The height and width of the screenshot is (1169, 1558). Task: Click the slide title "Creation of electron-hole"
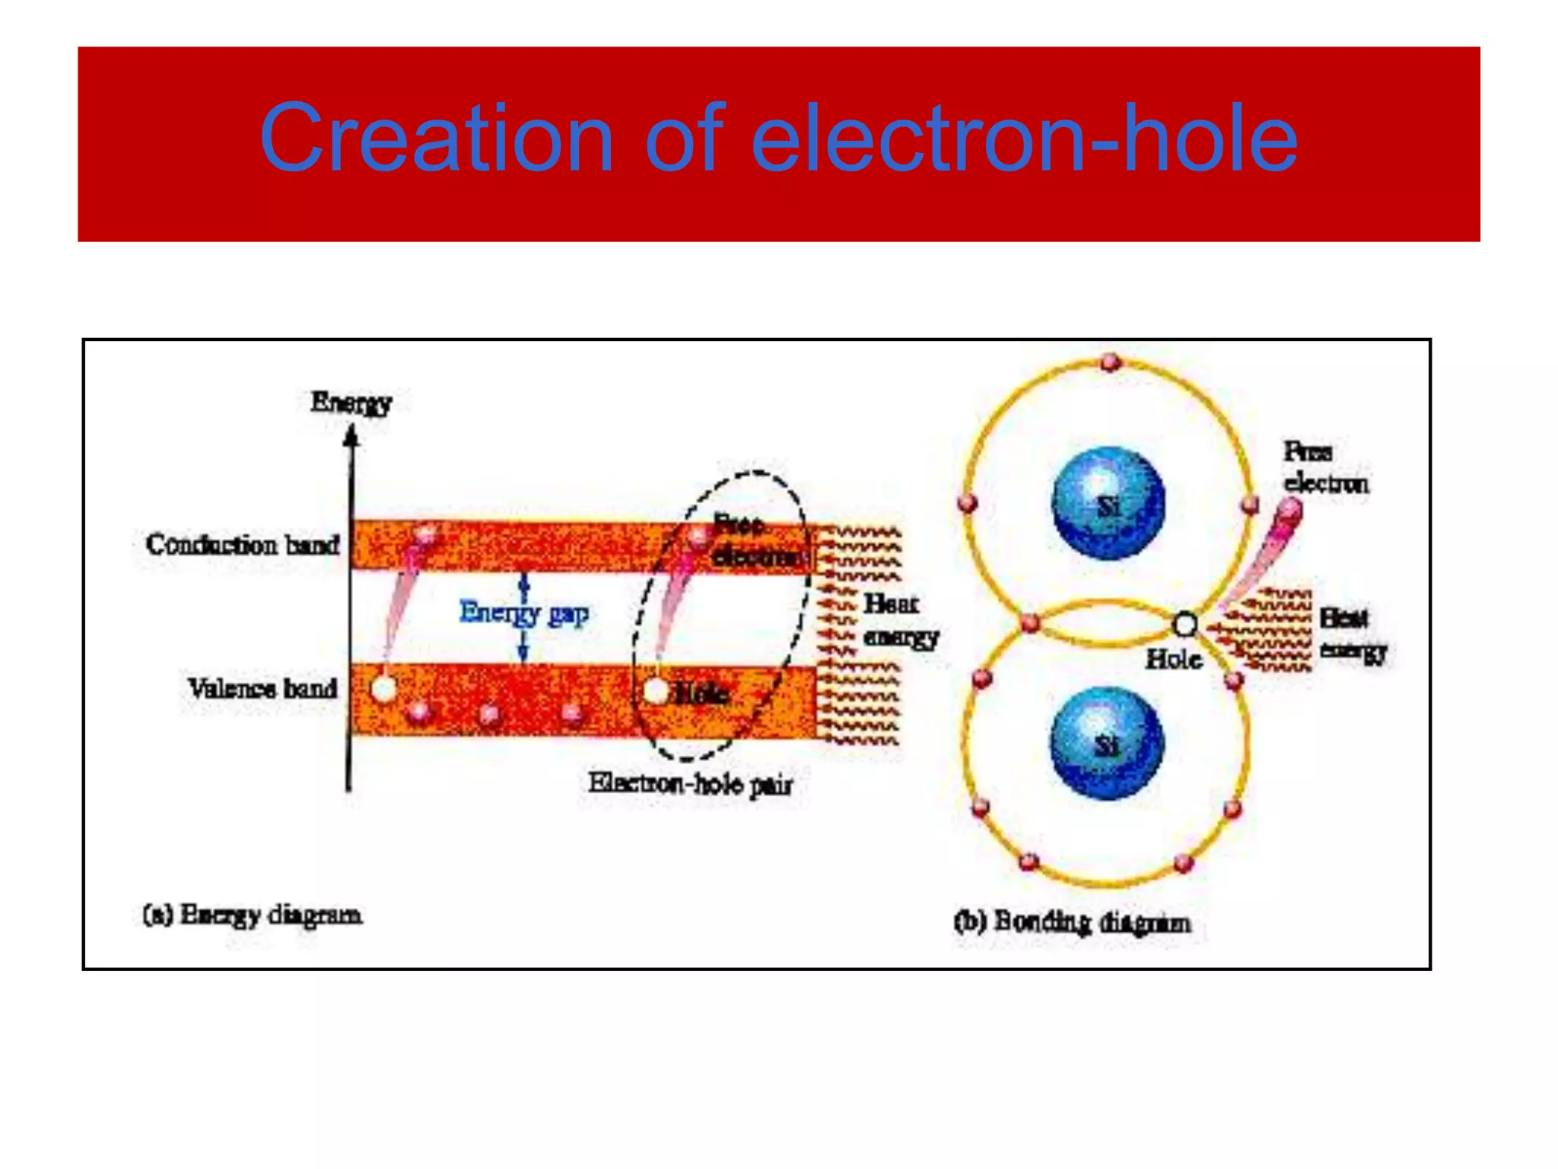778,139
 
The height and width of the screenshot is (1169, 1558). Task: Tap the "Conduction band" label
243,545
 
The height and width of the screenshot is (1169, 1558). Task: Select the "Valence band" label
262,689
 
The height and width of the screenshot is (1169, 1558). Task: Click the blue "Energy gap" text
523,613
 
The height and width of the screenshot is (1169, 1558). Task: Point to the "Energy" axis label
351,402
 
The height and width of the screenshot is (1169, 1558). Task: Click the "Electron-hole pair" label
690,784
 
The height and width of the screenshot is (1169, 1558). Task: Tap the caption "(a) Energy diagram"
253,914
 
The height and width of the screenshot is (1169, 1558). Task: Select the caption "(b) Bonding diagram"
1073,922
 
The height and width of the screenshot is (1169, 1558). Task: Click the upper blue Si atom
1108,503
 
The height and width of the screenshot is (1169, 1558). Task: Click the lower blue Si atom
1107,744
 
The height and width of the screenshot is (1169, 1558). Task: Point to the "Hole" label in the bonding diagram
1174,659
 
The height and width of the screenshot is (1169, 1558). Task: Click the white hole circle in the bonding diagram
1184,625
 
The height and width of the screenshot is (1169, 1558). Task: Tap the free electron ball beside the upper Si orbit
1290,508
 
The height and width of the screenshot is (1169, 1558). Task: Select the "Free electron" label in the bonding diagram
1325,467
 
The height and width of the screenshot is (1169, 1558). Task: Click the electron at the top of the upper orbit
1111,362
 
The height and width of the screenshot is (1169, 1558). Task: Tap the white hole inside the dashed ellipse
656,691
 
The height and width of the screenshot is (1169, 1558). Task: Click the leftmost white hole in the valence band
383,689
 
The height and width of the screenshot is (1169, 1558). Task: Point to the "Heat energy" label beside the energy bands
901,620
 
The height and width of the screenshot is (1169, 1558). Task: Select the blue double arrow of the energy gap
523,617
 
